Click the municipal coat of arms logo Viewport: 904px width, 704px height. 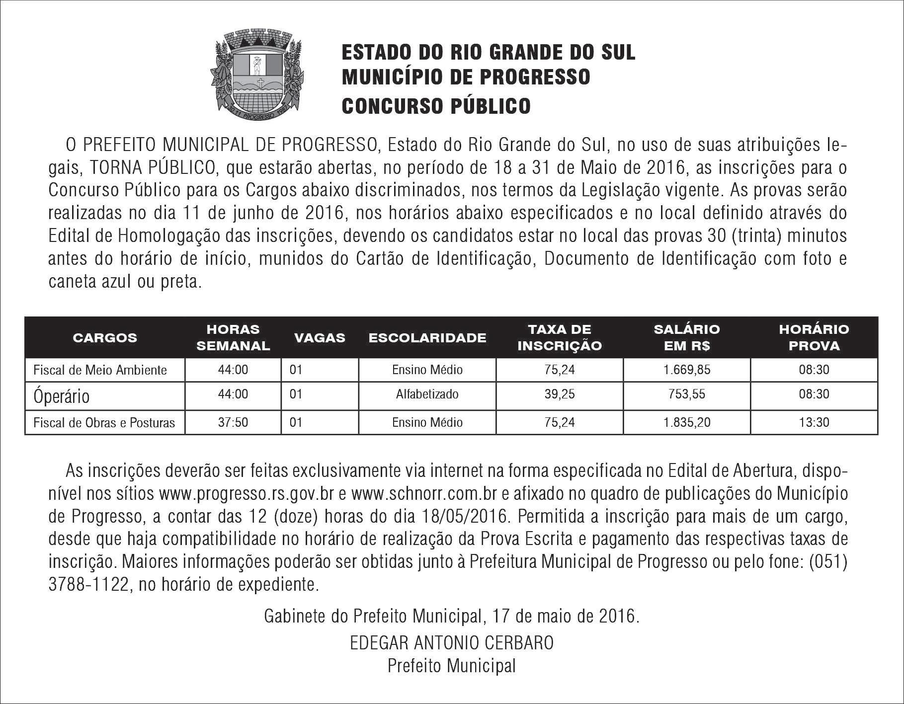coord(258,72)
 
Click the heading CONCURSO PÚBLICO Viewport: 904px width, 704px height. coord(436,106)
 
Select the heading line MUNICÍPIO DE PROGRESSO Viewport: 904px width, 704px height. coord(466,77)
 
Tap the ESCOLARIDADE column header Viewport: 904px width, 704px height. coord(427,338)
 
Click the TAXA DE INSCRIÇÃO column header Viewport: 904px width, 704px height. coord(559,337)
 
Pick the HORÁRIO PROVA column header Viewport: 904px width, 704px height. coord(814,337)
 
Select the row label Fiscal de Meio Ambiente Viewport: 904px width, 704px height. coord(100,370)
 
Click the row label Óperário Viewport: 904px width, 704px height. coord(62,396)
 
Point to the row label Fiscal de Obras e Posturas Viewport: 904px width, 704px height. coord(104,423)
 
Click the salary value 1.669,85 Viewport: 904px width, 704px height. coord(686,370)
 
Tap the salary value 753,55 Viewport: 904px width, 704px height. coord(686,394)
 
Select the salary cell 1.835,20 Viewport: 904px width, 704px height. coord(686,422)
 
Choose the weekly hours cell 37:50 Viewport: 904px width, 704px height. coord(233,422)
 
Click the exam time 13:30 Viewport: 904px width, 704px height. coord(814,422)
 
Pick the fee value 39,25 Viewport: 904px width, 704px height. coord(559,394)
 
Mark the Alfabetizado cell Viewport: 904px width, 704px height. coord(427,394)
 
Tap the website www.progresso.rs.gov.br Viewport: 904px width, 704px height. coord(246,494)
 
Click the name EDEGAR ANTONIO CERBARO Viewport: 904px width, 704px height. coord(452,642)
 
